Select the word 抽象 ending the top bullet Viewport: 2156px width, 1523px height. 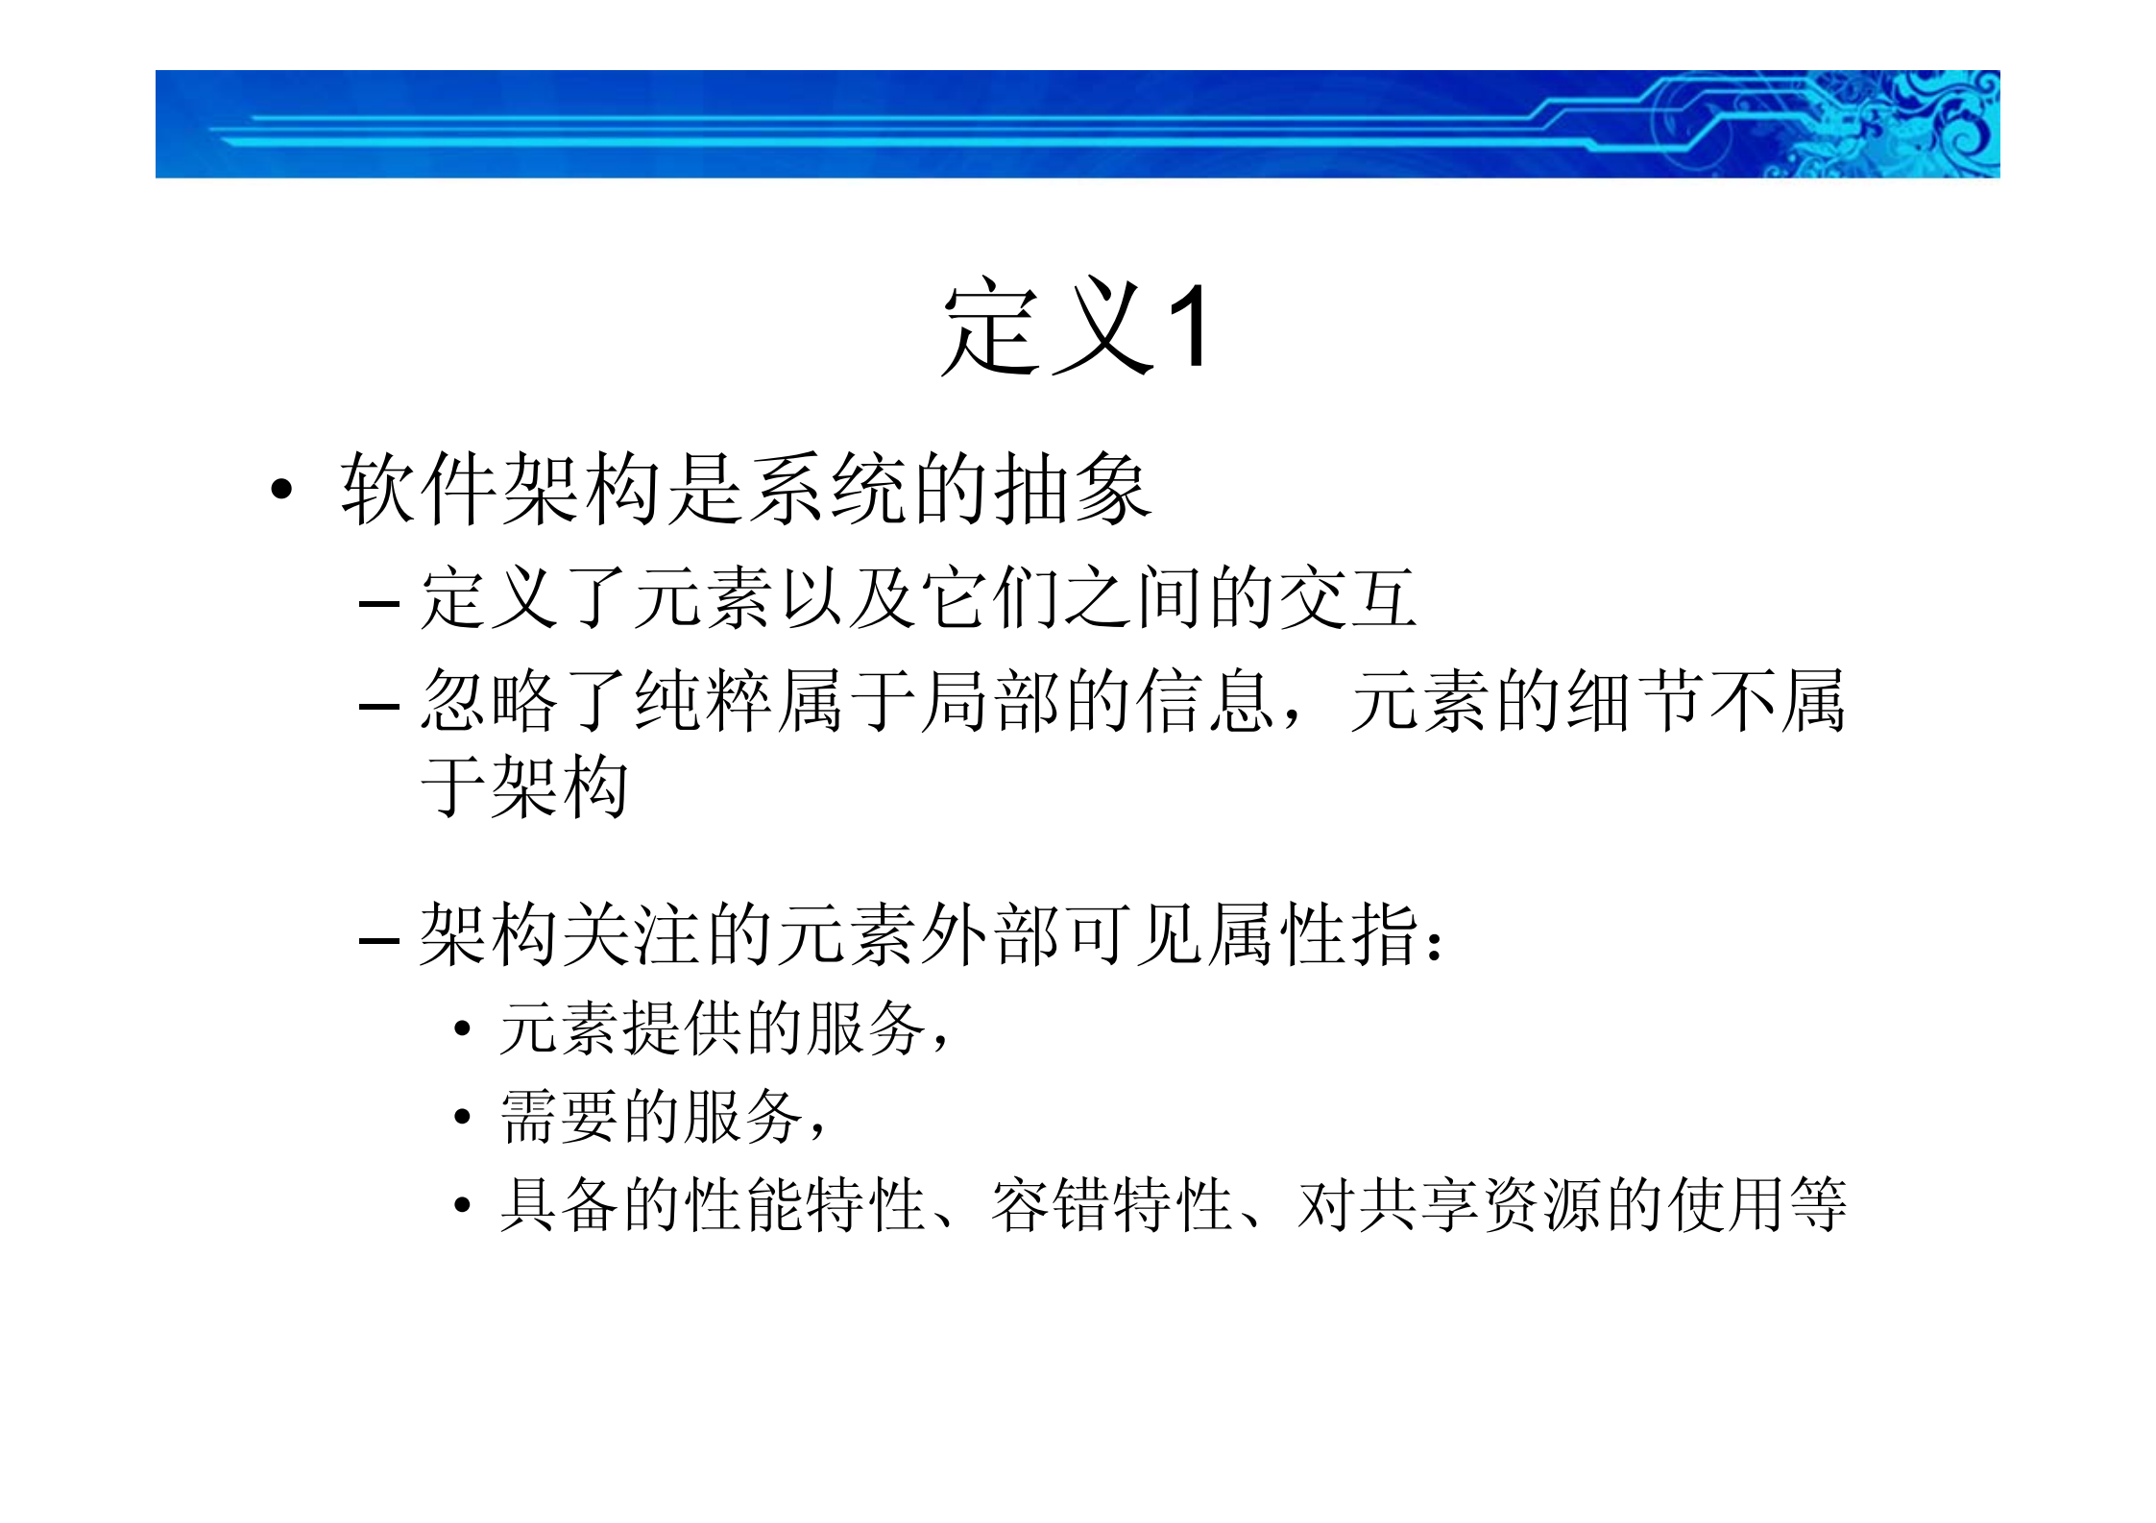(1071, 489)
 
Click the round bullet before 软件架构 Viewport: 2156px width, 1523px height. (280, 490)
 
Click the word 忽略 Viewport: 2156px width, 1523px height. (489, 701)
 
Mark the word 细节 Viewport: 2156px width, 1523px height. (1633, 701)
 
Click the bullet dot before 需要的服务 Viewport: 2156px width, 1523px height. (463, 1117)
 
